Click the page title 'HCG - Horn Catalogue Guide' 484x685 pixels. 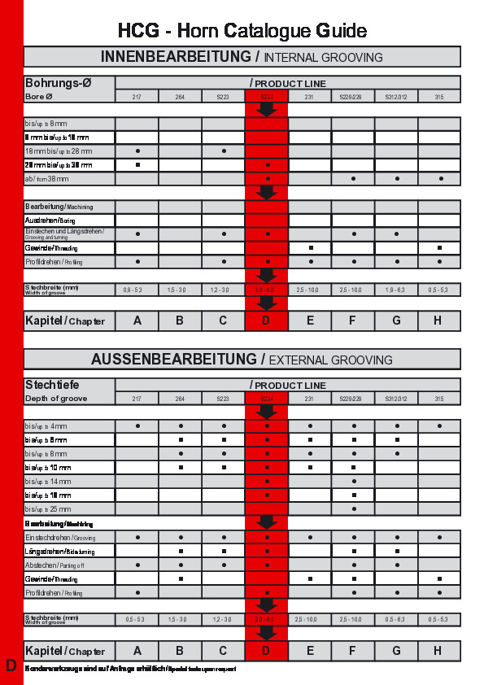point(242,31)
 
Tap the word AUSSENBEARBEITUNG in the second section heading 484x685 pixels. point(173,359)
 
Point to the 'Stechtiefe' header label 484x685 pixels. point(52,385)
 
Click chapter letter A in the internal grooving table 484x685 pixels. point(137,321)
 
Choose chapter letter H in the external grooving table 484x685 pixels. point(438,651)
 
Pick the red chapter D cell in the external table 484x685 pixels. point(266,651)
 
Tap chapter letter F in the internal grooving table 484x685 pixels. point(352,321)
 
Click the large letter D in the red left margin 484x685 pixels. point(11,665)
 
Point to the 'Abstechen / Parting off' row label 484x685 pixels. point(53,565)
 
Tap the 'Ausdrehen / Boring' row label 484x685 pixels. point(50,220)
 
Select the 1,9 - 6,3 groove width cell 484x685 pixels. point(396,290)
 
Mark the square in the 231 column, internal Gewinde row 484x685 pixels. point(311,247)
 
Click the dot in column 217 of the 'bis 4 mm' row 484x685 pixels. point(137,425)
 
